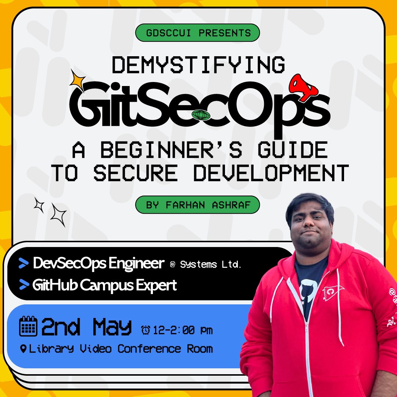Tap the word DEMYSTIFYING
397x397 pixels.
pos(198,65)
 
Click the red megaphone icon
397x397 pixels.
pos(303,87)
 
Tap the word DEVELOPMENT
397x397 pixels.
pos(271,173)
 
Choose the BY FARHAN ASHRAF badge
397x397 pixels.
pos(198,205)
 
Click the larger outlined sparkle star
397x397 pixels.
pos(58,214)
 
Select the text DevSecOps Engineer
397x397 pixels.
pos(98,264)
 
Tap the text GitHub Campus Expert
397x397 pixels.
pos(104,285)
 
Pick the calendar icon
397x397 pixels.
pos(28,326)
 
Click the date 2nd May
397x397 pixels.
pos(86,327)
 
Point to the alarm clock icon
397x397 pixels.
pos(146,330)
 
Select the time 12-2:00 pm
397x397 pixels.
pos(183,330)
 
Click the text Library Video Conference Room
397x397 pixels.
pos(121,348)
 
